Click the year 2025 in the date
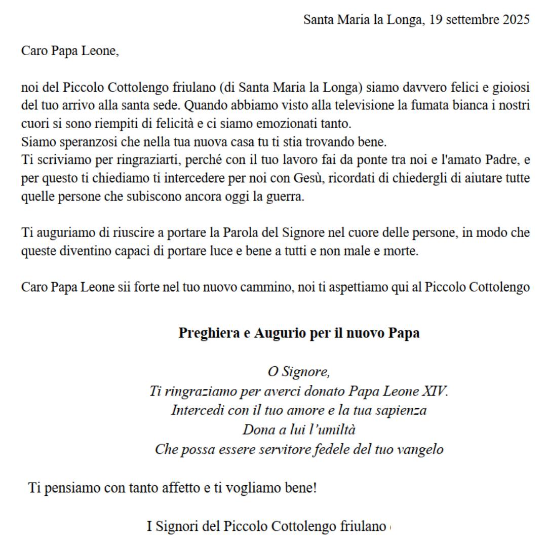[x=516, y=20]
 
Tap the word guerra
[x=287, y=197]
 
